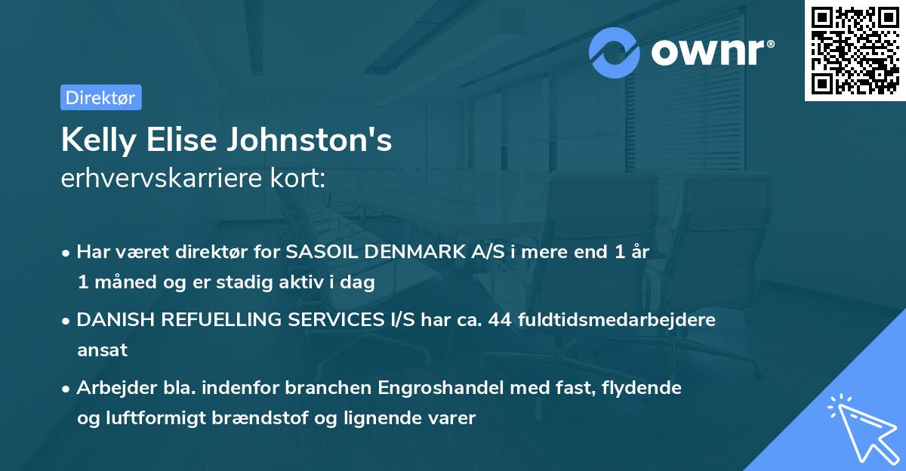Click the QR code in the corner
[855, 51]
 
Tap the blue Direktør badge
[100, 97]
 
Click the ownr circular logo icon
[615, 52]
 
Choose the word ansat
[102, 349]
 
